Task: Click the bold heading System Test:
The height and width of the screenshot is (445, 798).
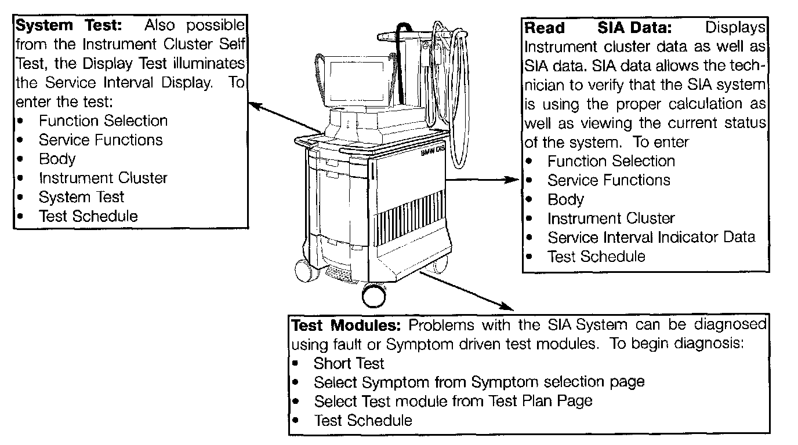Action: click(70, 25)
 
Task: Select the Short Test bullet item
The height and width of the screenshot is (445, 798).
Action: click(349, 363)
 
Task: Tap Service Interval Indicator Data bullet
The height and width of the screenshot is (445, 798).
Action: click(651, 237)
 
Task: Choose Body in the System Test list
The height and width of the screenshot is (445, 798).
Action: click(57, 159)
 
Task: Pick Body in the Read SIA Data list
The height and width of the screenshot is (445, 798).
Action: click(565, 199)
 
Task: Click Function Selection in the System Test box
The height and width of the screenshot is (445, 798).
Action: click(103, 121)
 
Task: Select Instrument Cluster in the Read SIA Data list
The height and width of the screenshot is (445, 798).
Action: click(611, 218)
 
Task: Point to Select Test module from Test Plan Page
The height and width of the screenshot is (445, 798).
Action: click(452, 400)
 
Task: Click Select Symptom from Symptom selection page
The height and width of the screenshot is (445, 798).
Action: click(478, 382)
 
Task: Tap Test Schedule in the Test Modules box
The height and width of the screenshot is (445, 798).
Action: click(362, 420)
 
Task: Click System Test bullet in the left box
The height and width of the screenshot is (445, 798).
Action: click(81, 197)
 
